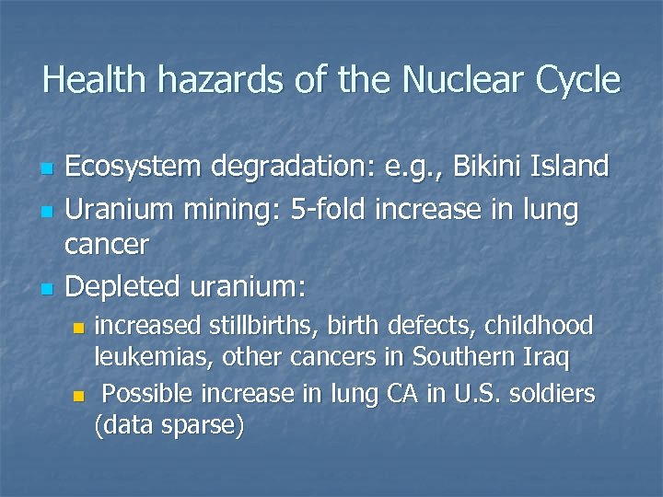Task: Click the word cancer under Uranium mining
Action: (x=107, y=244)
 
